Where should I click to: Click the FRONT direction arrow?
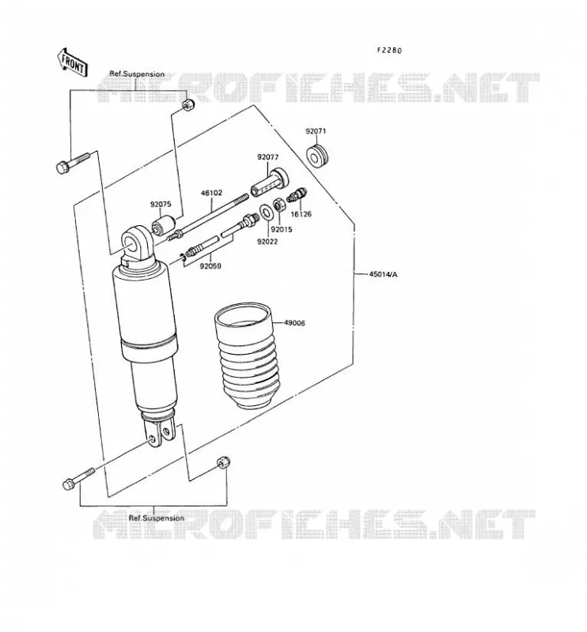coord(73,62)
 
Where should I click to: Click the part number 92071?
coord(316,131)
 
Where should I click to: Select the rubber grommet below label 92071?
coord(318,156)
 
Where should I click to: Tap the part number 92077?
coord(268,157)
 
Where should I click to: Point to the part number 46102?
coord(211,193)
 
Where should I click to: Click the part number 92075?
coord(161,205)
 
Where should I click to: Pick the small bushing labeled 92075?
coord(163,225)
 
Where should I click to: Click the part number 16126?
coord(301,214)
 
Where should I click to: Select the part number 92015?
coord(282,230)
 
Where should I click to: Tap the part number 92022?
coord(267,242)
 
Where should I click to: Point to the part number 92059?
coord(210,266)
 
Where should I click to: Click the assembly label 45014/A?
coord(383,274)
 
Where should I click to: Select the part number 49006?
coord(294,323)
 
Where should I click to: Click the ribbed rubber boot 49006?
coord(248,355)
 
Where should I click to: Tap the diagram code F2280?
coord(389,51)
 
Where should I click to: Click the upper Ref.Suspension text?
coord(138,74)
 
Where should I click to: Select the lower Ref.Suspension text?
coord(156,518)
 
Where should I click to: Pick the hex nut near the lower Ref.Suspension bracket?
coord(223,462)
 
